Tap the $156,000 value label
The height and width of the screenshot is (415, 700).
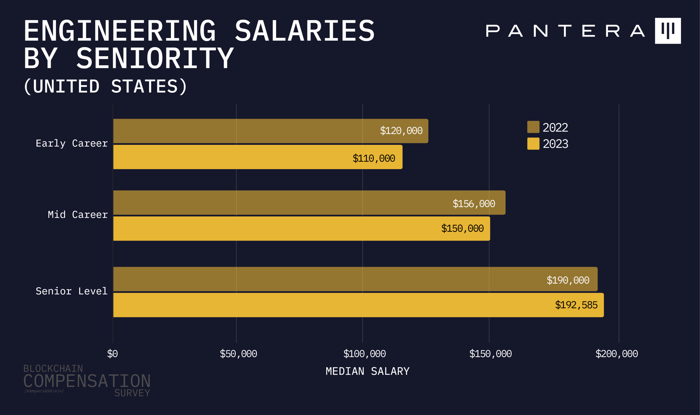[474, 204]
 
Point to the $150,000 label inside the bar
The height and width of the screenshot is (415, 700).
[462, 228]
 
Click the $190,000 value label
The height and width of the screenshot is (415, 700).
[568, 280]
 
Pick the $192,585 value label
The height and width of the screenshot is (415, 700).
[576, 305]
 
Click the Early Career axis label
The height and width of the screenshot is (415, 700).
[72, 143]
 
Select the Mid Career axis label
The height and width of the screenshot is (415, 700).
[78, 215]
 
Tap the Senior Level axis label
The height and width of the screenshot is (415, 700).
[72, 291]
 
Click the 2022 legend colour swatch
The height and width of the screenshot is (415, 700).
[533, 127]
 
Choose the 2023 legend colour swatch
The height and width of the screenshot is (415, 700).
[533, 144]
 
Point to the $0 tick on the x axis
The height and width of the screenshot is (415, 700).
[113, 354]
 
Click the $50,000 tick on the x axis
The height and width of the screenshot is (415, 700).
[238, 354]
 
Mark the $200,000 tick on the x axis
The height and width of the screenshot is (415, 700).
[617, 354]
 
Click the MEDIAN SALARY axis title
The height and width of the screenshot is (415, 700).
[368, 371]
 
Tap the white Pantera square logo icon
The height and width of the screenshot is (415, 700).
[668, 31]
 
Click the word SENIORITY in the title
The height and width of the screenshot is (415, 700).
[155, 58]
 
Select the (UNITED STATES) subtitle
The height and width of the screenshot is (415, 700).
[105, 86]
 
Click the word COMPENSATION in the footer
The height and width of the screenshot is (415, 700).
[87, 381]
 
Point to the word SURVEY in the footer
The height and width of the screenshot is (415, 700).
[132, 393]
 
